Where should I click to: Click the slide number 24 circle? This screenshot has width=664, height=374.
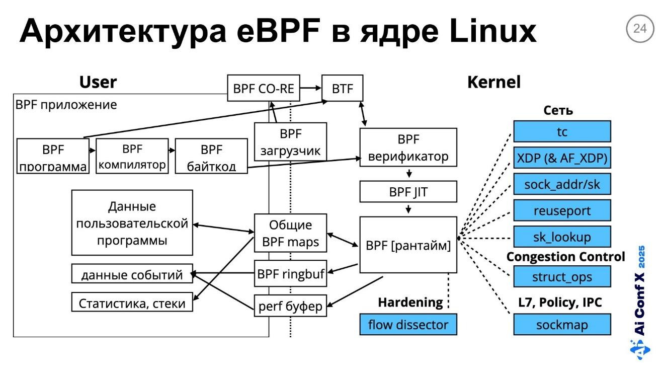[640, 29]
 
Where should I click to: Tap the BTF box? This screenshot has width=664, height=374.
[342, 89]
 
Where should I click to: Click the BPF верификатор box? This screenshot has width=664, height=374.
[408, 147]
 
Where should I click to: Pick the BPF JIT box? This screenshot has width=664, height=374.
[408, 192]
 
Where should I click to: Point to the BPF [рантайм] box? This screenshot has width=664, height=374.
[408, 245]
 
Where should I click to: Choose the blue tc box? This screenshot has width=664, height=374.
[562, 131]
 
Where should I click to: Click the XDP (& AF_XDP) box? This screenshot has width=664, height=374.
[562, 158]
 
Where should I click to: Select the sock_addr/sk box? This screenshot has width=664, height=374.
[562, 184]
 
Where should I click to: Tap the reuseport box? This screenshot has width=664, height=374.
[562, 210]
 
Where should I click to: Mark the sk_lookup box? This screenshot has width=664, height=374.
[562, 237]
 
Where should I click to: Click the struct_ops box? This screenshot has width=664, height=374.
[562, 276]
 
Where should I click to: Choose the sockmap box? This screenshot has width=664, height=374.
[562, 324]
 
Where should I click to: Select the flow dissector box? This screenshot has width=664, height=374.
[408, 324]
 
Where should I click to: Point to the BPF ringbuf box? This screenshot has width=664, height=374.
[290, 274]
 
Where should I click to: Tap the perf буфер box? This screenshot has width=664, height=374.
[290, 305]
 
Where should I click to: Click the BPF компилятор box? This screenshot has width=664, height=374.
[131, 157]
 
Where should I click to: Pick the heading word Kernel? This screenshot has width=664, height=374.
[493, 82]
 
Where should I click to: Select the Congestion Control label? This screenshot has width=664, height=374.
[565, 257]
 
